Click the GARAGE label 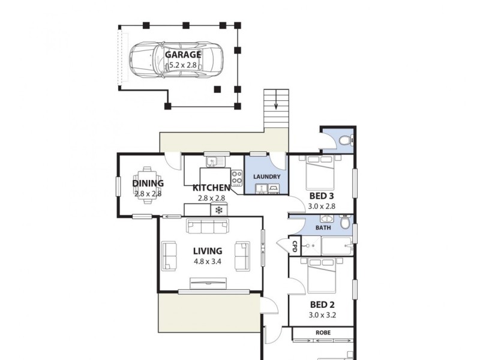[183, 54]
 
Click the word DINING [148, 184]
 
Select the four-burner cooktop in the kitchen [237, 178]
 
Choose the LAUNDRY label [267, 177]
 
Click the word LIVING [208, 251]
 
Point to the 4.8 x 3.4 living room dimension [208, 262]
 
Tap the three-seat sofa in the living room [208, 226]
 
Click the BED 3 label [322, 196]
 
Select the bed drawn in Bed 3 [322, 171]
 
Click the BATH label [323, 228]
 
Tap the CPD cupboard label [295, 246]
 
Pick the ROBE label [322, 332]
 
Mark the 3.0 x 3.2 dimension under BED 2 [322, 316]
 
